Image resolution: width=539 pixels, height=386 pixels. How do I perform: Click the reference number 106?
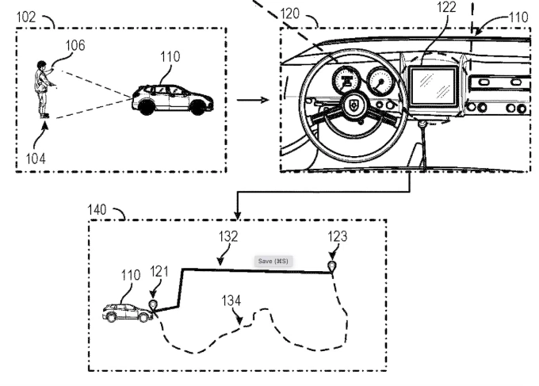click(x=75, y=46)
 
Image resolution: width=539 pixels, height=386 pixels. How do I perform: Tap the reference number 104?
click(x=35, y=158)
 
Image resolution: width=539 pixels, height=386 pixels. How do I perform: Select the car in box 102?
click(x=172, y=97)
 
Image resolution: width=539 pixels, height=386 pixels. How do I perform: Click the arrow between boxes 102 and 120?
click(x=252, y=100)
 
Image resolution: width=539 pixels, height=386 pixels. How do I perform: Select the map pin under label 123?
click(x=334, y=266)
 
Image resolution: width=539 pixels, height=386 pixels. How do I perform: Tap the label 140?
click(x=99, y=208)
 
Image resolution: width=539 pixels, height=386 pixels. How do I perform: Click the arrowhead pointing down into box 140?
click(x=235, y=215)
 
